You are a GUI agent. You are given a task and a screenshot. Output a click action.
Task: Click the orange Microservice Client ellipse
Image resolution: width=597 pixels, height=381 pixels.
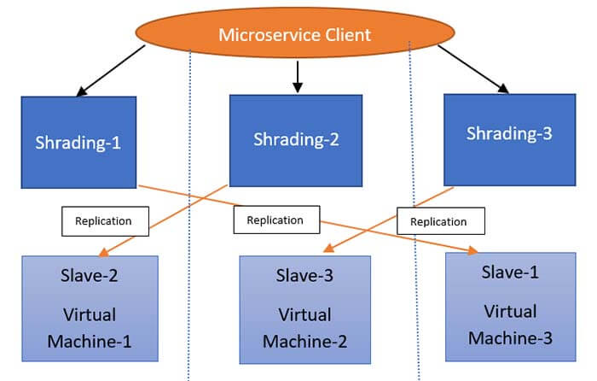pyautogui.click(x=296, y=36)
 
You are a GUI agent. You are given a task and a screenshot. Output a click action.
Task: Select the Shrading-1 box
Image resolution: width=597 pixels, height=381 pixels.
pyautogui.click(x=78, y=142)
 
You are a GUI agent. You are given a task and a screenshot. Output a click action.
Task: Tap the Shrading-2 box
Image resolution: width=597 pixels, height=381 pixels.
pyautogui.click(x=296, y=140)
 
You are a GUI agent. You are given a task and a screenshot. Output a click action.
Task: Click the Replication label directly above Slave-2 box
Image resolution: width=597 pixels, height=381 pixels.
pyautogui.click(x=103, y=220)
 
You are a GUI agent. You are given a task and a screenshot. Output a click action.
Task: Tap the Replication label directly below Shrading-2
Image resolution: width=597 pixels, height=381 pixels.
pyautogui.click(x=275, y=220)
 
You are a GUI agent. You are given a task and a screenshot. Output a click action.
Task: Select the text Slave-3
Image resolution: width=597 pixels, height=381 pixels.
pyautogui.click(x=304, y=276)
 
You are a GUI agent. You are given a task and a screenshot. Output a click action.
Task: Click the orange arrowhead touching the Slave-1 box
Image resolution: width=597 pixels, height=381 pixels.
pyautogui.click(x=472, y=250)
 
